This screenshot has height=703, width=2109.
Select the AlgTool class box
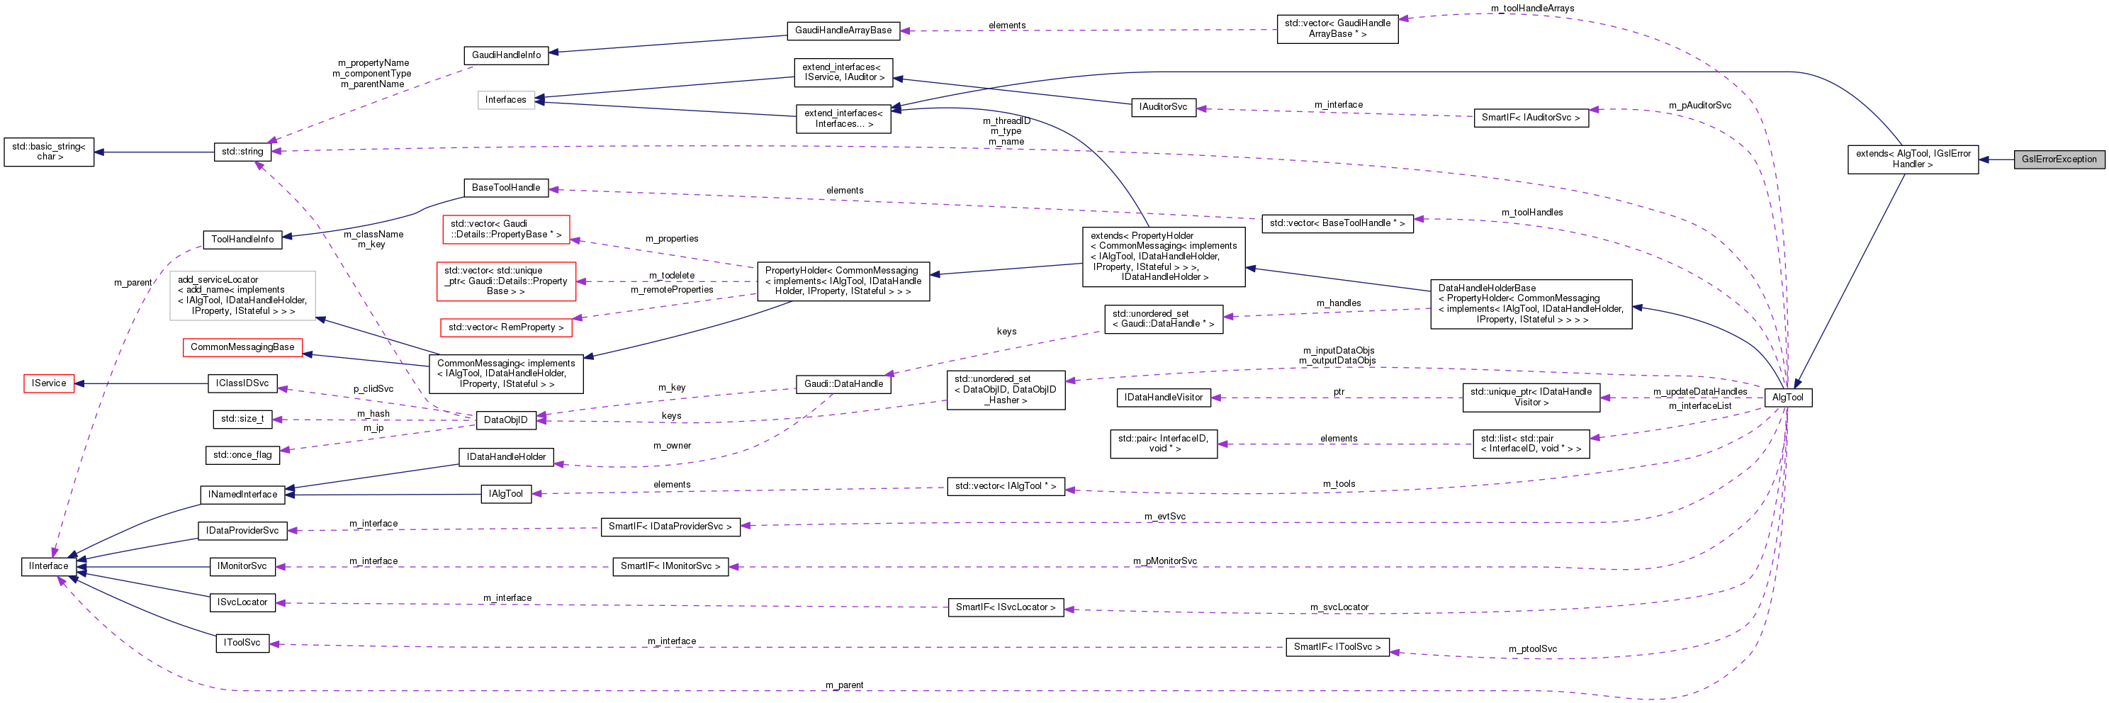click(x=1787, y=398)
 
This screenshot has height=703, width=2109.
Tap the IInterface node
click(x=48, y=566)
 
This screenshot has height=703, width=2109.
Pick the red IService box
click(x=49, y=383)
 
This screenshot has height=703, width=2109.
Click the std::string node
click(x=242, y=152)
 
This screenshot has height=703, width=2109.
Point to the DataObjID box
click(x=505, y=420)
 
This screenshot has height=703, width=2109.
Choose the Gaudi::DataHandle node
click(x=843, y=384)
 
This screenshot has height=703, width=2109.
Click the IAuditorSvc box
click(x=1162, y=107)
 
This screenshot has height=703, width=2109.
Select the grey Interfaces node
click(x=505, y=100)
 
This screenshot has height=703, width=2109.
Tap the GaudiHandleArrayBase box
click(x=843, y=30)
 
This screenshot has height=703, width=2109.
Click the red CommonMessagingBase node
click(x=242, y=347)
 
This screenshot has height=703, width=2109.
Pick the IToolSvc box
click(x=242, y=643)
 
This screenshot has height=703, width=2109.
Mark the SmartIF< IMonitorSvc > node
click(x=670, y=566)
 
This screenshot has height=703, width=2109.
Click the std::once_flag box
click(x=242, y=455)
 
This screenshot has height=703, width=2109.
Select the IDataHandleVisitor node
click(x=1162, y=398)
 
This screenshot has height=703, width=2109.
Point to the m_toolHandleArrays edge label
click(x=1532, y=9)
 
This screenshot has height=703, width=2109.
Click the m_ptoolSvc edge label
click(x=1533, y=649)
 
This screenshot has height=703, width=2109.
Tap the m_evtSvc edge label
click(x=1164, y=517)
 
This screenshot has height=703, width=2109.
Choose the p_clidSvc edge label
click(x=373, y=389)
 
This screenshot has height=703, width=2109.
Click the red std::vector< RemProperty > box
click(x=505, y=327)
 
